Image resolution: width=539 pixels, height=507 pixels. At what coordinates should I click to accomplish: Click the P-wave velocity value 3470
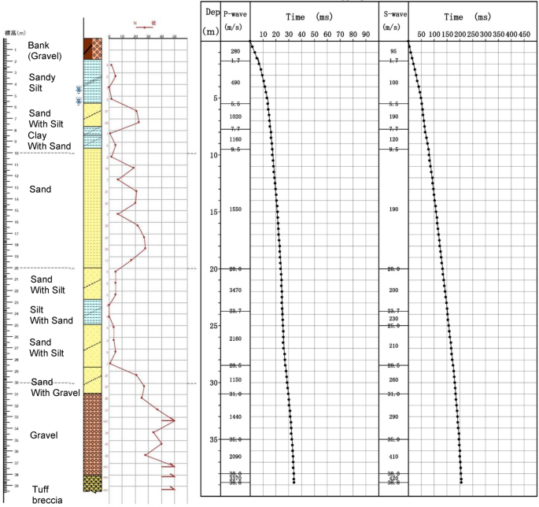(x=235, y=291)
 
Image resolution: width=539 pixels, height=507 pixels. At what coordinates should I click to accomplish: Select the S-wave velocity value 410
(x=393, y=457)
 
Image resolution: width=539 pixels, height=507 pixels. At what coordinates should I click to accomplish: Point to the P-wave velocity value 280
(x=235, y=51)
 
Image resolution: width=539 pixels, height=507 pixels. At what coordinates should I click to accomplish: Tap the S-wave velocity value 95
(x=393, y=51)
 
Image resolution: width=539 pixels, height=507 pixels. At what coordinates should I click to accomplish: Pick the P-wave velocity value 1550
(x=235, y=209)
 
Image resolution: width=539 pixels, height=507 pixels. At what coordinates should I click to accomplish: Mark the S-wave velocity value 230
(x=393, y=318)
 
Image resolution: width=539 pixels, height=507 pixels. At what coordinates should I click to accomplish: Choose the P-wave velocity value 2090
(x=235, y=457)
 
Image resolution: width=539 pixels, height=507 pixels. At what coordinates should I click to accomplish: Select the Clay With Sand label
(x=49, y=140)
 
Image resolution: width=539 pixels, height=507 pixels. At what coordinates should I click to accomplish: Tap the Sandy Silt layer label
(x=42, y=83)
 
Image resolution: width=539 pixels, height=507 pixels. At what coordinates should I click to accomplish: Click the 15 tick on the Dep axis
(x=212, y=212)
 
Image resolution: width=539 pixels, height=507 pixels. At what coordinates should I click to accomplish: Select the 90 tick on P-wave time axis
(x=365, y=35)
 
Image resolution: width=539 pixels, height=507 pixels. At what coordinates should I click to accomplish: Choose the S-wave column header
(x=393, y=20)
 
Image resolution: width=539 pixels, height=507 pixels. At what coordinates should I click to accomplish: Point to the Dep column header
(x=212, y=21)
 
